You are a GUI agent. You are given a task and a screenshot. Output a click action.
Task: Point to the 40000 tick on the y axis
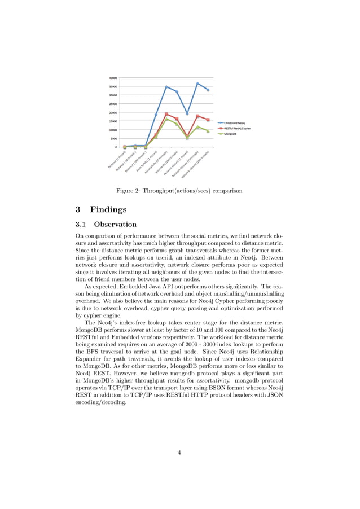point(113,78)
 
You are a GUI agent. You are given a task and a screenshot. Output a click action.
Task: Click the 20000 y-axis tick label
point(113,112)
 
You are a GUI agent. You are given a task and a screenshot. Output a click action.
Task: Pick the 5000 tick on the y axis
point(114,138)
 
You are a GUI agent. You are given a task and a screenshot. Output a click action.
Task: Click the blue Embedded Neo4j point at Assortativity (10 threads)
point(166,87)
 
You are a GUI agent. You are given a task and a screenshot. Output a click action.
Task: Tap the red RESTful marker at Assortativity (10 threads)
point(166,114)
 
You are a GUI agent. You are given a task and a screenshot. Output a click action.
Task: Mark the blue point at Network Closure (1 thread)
point(187,113)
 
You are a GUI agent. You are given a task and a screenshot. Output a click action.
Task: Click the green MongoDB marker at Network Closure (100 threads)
point(208,131)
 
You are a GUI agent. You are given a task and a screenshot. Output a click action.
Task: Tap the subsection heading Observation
point(115,224)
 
